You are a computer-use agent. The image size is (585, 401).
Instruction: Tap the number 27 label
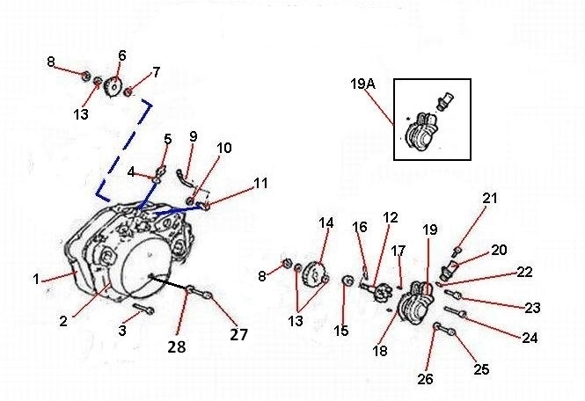(239, 334)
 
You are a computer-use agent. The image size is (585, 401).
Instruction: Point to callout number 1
(37, 280)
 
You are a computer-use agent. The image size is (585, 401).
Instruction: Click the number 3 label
(123, 330)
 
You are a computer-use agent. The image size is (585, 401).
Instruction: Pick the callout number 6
(121, 55)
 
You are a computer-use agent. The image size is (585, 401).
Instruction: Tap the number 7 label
(156, 72)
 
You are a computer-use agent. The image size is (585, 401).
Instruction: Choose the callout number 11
(260, 183)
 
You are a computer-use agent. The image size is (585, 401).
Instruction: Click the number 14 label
(326, 223)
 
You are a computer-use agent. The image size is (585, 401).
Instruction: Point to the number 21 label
(490, 200)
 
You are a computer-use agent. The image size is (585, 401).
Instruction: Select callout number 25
(481, 369)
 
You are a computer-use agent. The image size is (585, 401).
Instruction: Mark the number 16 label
(359, 228)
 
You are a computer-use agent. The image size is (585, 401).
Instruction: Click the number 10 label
(224, 148)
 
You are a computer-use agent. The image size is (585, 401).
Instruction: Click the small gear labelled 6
(112, 88)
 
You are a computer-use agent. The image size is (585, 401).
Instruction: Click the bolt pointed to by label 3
(144, 310)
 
